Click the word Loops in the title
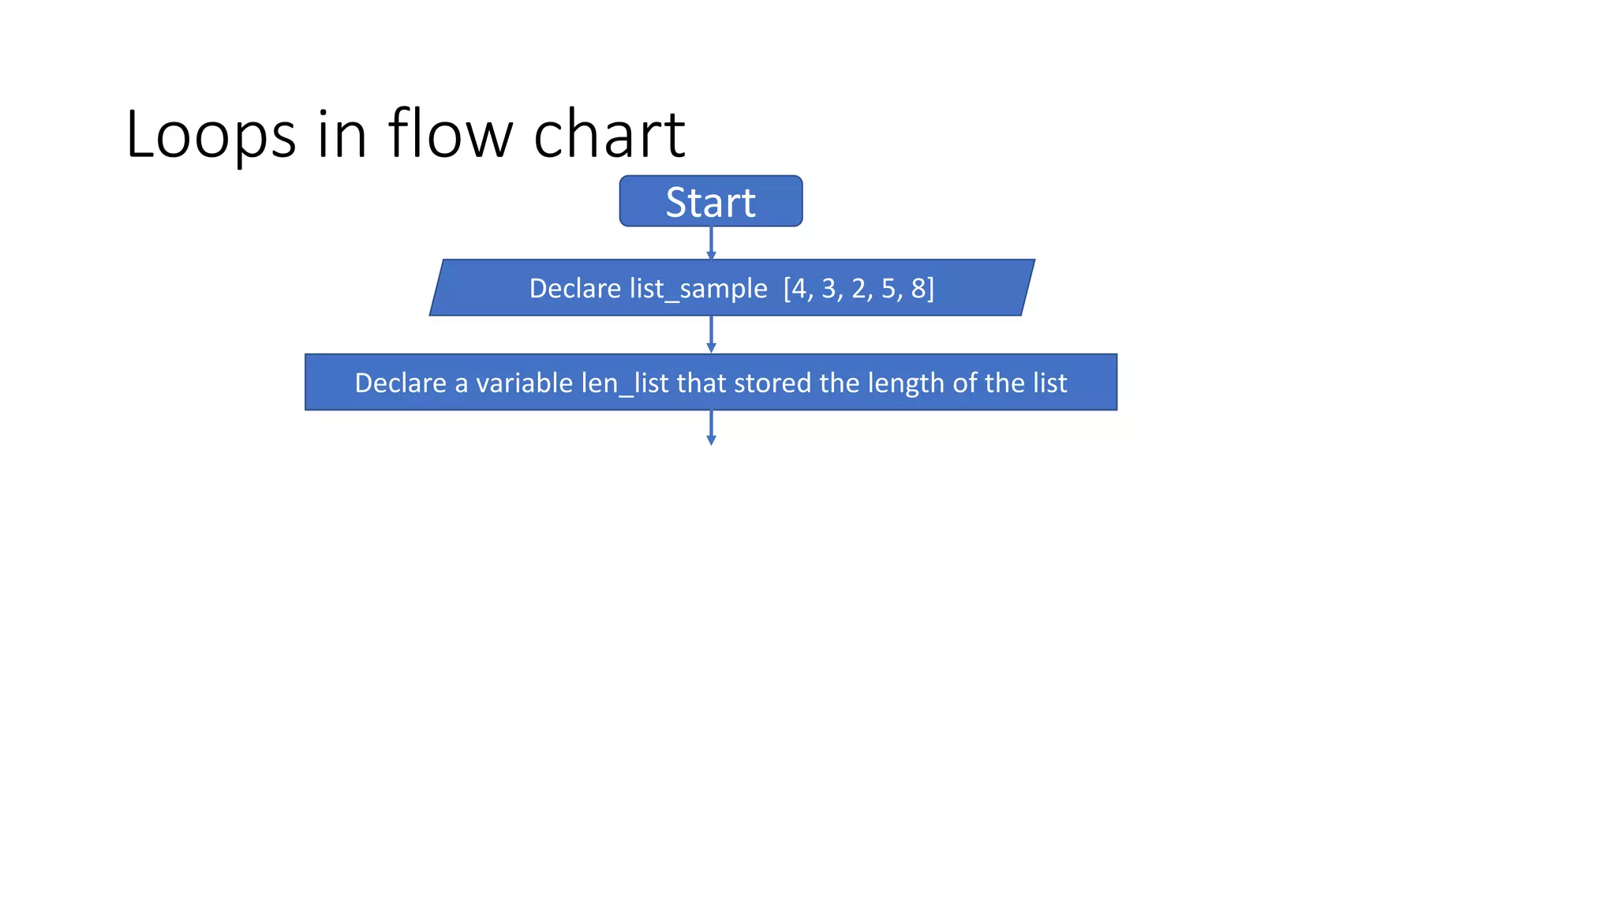pos(210,134)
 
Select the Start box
pos(710,201)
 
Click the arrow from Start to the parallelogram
pos(711,242)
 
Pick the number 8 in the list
pos(918,289)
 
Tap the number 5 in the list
pos(888,289)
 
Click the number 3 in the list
pos(829,289)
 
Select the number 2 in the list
pos(858,289)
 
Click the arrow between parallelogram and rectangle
pos(711,335)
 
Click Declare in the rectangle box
pos(400,383)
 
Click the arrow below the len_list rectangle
pos(711,428)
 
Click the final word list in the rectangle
pos(1049,383)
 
